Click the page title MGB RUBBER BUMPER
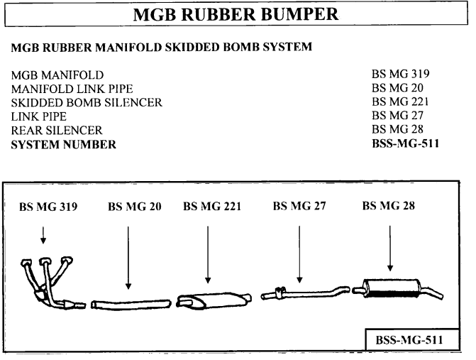237,14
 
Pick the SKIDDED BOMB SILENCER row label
87,102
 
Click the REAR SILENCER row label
57,131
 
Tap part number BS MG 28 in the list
397,131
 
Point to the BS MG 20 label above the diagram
134,207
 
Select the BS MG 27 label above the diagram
299,207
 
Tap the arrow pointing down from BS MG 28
389,248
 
